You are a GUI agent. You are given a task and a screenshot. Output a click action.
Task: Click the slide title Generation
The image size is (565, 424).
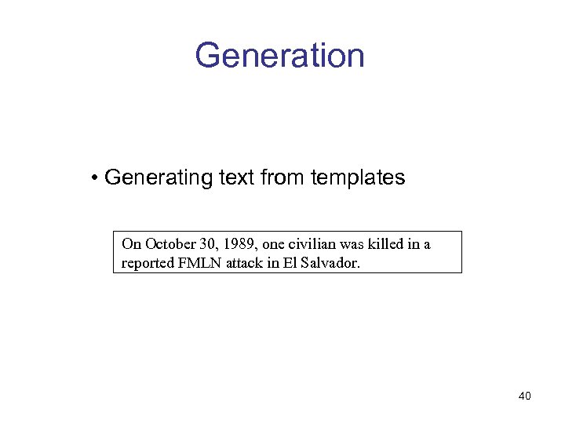pos(279,56)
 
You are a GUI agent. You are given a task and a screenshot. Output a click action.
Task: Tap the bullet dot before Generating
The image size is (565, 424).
pos(94,178)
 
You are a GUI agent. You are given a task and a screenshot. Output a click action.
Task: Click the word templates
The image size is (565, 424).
pos(358,177)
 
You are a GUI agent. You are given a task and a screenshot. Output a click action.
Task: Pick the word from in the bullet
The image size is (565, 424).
pos(282,177)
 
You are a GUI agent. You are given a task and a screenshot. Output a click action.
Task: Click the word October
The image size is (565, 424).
pos(166,244)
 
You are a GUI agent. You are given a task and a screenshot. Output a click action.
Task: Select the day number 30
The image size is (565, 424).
pos(201,244)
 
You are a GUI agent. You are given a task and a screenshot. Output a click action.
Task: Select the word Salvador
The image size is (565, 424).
pos(331,263)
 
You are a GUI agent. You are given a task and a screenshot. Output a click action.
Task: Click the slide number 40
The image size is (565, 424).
pos(524,396)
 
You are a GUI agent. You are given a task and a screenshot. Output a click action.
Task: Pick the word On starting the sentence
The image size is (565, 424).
pos(130,244)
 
